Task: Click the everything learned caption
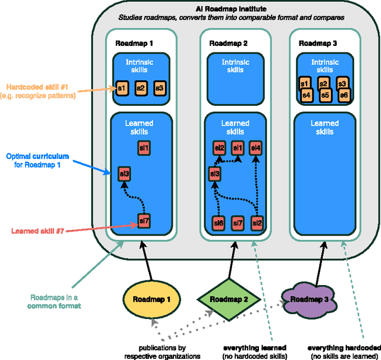[x=254, y=351]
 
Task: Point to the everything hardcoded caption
[x=343, y=351]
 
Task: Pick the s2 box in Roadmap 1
[x=140, y=87]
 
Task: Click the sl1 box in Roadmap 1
[x=143, y=147]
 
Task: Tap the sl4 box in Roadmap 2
[x=256, y=147]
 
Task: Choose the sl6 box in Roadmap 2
[x=218, y=223]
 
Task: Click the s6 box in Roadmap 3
[x=343, y=95]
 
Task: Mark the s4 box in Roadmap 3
[x=306, y=95]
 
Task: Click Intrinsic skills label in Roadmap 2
[x=236, y=65]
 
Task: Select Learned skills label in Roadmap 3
[x=325, y=127]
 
